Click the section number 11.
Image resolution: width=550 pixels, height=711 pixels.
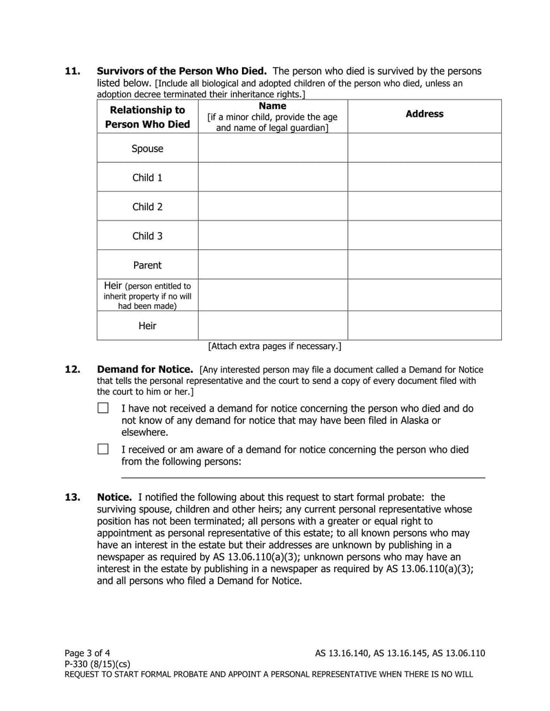point(72,71)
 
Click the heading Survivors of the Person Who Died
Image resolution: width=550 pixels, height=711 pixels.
point(182,71)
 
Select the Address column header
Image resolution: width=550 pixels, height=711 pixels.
point(424,114)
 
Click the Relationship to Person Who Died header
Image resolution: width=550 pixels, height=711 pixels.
point(147,117)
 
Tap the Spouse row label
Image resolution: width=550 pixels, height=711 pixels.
point(147,148)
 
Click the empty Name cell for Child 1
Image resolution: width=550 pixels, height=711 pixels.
point(272,177)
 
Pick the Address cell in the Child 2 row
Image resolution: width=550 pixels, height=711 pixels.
point(424,206)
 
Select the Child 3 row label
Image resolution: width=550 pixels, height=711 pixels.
point(147,236)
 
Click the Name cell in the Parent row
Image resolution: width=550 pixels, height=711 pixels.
point(272,264)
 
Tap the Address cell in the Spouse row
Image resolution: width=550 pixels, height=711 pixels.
point(424,148)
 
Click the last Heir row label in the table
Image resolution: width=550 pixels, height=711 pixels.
point(147,326)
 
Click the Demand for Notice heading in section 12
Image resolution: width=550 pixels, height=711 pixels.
point(145,369)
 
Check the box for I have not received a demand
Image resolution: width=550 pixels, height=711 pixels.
point(103,408)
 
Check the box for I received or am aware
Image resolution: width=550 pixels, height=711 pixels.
point(103,449)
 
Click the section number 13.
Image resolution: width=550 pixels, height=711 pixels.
point(72,497)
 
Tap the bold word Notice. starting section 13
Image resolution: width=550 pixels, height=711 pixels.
point(115,497)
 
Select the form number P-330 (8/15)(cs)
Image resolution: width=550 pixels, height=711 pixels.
point(98,664)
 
